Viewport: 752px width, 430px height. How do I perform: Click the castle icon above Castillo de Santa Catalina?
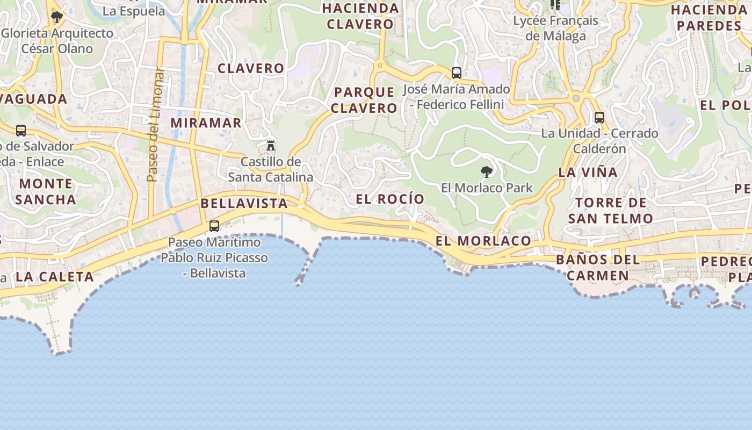tap(271, 145)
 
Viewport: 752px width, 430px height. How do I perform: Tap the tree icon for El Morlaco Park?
tap(487, 172)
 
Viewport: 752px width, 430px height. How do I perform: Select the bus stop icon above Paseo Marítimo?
tap(214, 226)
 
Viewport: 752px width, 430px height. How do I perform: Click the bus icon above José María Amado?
tap(457, 73)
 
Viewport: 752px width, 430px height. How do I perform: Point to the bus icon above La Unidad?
tap(599, 118)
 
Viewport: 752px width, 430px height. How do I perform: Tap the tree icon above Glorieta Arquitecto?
tap(56, 17)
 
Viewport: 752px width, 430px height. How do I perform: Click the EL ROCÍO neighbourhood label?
tap(390, 199)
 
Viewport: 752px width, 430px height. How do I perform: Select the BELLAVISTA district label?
tap(244, 203)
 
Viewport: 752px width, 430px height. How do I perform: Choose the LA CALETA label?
tap(54, 277)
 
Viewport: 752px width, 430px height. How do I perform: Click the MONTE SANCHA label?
tap(46, 191)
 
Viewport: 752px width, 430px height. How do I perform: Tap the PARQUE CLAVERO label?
tap(364, 100)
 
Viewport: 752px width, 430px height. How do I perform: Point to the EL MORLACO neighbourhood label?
tap(483, 241)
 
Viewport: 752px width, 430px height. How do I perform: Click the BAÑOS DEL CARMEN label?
tap(598, 268)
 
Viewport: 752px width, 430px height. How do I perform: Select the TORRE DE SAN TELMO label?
tap(611, 211)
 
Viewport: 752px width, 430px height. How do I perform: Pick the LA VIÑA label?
tap(588, 173)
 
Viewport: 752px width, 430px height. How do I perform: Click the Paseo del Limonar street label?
tap(153, 124)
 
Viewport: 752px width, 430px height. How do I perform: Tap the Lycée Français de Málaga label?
tap(555, 28)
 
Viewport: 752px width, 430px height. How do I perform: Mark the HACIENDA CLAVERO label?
tap(360, 16)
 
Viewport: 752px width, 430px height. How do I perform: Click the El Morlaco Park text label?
tap(487, 188)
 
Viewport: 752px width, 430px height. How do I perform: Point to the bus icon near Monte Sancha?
tap(21, 130)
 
